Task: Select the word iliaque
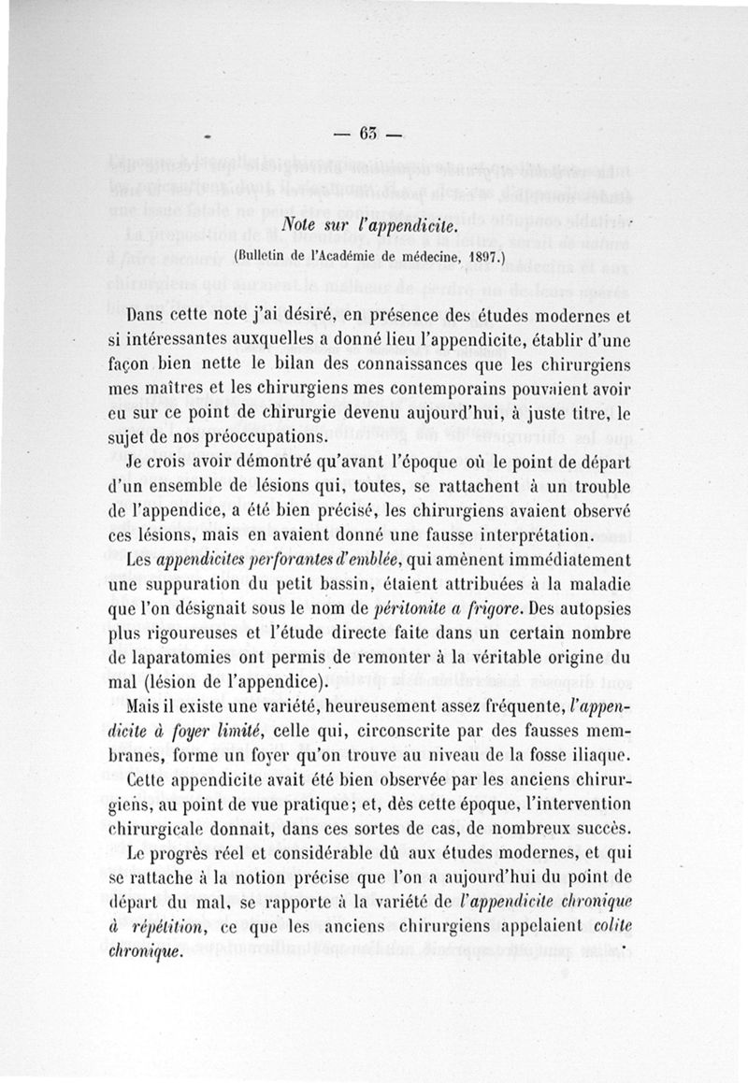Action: [x=601, y=755]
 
